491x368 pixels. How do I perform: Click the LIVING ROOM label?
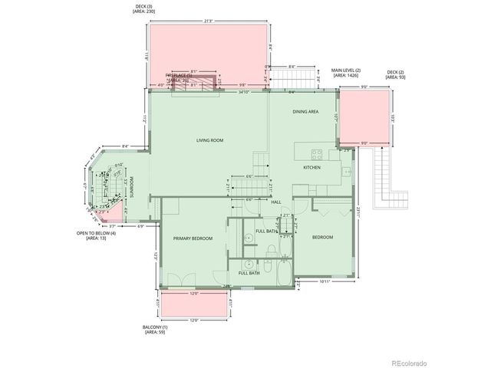(209, 140)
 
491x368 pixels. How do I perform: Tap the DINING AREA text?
(305, 112)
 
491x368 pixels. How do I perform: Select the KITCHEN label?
(311, 167)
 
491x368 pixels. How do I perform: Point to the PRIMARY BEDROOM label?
(192, 238)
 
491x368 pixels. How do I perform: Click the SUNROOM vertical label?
(131, 187)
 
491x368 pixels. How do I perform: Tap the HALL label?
(275, 202)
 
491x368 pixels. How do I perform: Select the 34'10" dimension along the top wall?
(244, 92)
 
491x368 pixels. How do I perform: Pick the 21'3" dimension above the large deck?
(209, 21)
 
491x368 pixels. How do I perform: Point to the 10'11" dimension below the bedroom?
(324, 282)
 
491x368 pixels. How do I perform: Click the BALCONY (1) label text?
(153, 329)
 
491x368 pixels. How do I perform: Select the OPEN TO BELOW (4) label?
(97, 235)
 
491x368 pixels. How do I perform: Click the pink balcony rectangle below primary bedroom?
(194, 304)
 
